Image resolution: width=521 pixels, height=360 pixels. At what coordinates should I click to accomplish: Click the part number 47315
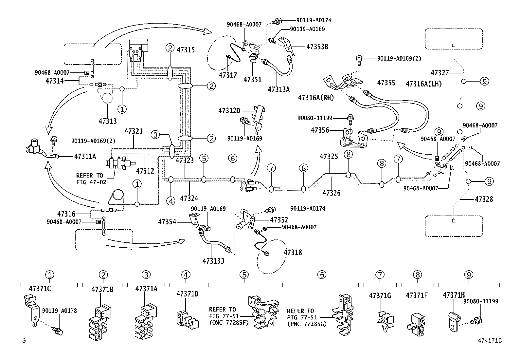click(x=186, y=50)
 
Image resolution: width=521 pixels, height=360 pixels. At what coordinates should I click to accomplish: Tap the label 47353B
click(x=317, y=47)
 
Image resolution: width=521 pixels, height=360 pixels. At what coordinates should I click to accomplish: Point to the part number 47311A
click(x=85, y=157)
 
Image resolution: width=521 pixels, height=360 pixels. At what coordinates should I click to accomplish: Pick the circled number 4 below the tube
click(x=171, y=200)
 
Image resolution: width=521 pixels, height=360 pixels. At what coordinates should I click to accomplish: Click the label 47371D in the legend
click(x=187, y=294)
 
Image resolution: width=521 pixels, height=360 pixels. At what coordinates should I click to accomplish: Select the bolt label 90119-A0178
click(x=59, y=311)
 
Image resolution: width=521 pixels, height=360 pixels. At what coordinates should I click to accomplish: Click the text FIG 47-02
click(x=91, y=182)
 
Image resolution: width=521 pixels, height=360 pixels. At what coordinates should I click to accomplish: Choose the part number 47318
click(x=293, y=252)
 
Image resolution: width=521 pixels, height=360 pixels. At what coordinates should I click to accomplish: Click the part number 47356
click(x=319, y=130)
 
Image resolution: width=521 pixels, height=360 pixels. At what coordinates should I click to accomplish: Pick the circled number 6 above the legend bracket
click(x=322, y=275)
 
